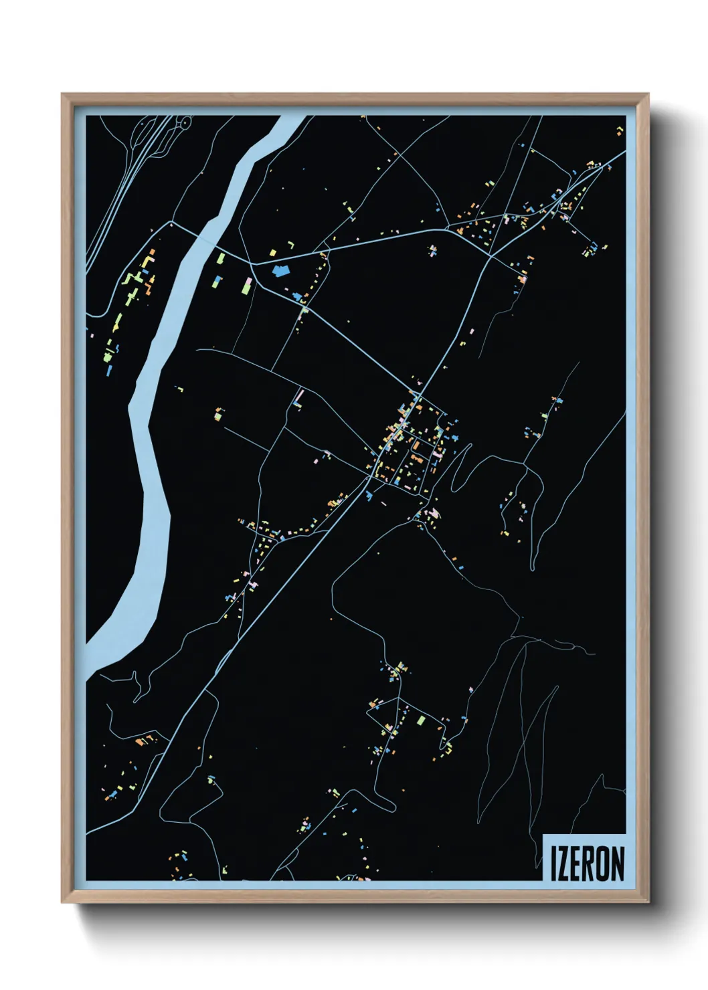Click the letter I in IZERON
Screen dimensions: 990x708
553,864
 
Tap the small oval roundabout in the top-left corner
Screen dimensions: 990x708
183,122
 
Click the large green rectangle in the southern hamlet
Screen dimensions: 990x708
421,720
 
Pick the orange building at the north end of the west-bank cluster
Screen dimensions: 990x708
151,254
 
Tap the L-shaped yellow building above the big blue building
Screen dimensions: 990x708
273,252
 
